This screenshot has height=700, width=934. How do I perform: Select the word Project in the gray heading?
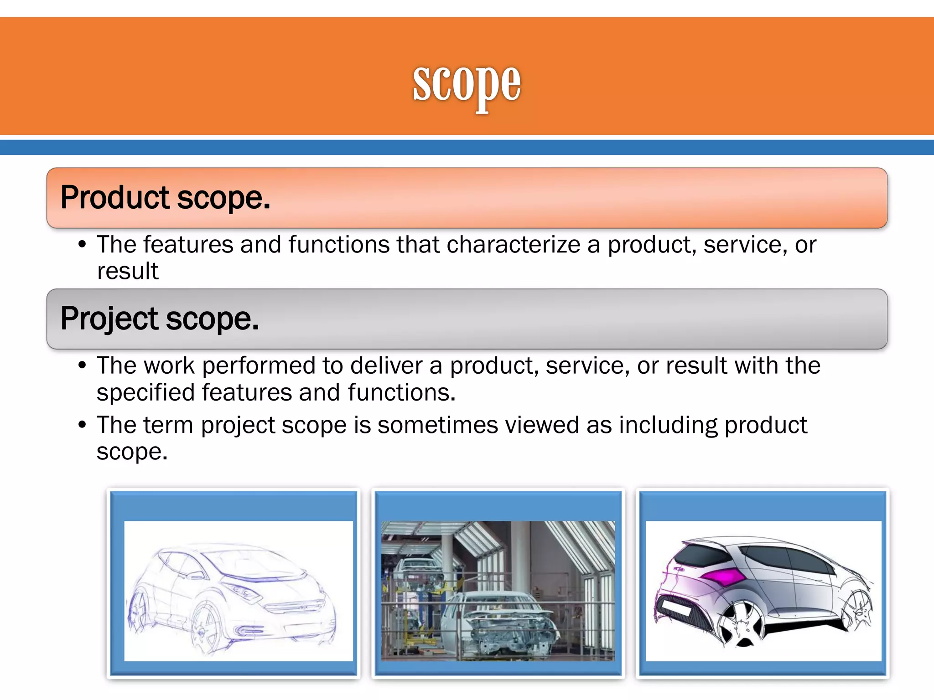[109, 319]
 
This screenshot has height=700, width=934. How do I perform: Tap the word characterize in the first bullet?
[513, 245]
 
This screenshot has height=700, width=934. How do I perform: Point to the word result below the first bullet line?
[128, 271]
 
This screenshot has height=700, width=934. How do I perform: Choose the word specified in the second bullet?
[145, 393]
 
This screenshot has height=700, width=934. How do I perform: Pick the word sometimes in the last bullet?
[437, 425]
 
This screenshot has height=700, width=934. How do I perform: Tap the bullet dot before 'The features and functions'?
[82, 245]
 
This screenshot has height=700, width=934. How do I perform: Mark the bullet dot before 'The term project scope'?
[82, 425]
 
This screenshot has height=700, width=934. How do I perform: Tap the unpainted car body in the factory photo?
[502, 620]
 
